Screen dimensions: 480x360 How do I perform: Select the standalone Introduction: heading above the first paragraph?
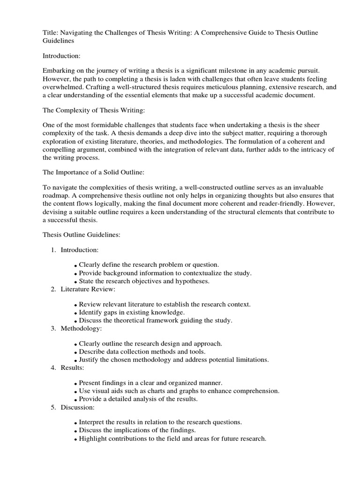pyautogui.click(x=61, y=56)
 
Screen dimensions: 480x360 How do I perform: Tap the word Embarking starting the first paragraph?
pyautogui.click(x=59, y=70)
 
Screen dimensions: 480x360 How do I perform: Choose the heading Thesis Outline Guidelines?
pyautogui.click(x=82, y=235)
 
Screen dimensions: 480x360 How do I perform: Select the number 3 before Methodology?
pyautogui.click(x=53, y=328)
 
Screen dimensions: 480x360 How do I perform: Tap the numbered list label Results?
pyautogui.click(x=72, y=367)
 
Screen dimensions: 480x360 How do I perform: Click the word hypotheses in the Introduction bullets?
pyautogui.click(x=179, y=281)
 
